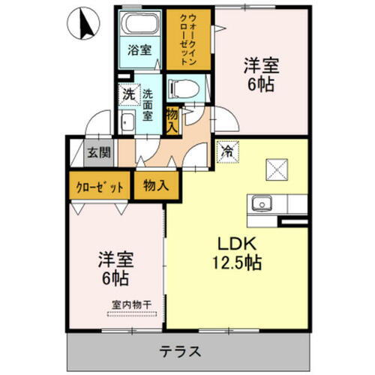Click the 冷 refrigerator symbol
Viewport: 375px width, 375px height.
(x=226, y=151)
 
